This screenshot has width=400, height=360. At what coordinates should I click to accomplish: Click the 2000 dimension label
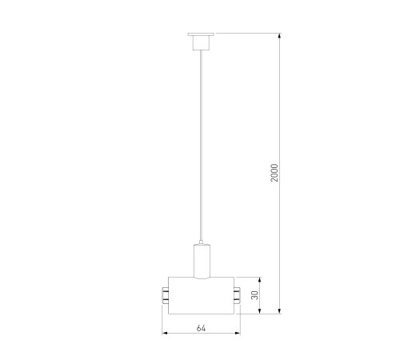(x=274, y=173)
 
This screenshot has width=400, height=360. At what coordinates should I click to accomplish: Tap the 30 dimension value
(x=255, y=295)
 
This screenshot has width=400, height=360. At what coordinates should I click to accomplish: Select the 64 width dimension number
(x=201, y=328)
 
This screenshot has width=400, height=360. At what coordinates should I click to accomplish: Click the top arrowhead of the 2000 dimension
(x=279, y=36)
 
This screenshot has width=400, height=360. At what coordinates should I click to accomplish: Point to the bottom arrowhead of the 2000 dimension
(x=279, y=310)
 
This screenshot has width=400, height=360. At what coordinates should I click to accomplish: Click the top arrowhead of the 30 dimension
(x=260, y=280)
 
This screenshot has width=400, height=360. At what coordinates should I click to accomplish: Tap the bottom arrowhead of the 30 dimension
(x=260, y=310)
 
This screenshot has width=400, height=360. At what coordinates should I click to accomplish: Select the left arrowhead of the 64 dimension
(x=166, y=333)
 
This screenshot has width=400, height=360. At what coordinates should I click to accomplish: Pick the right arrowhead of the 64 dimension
(x=237, y=333)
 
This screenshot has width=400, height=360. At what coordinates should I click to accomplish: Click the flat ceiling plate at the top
(x=201, y=34)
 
